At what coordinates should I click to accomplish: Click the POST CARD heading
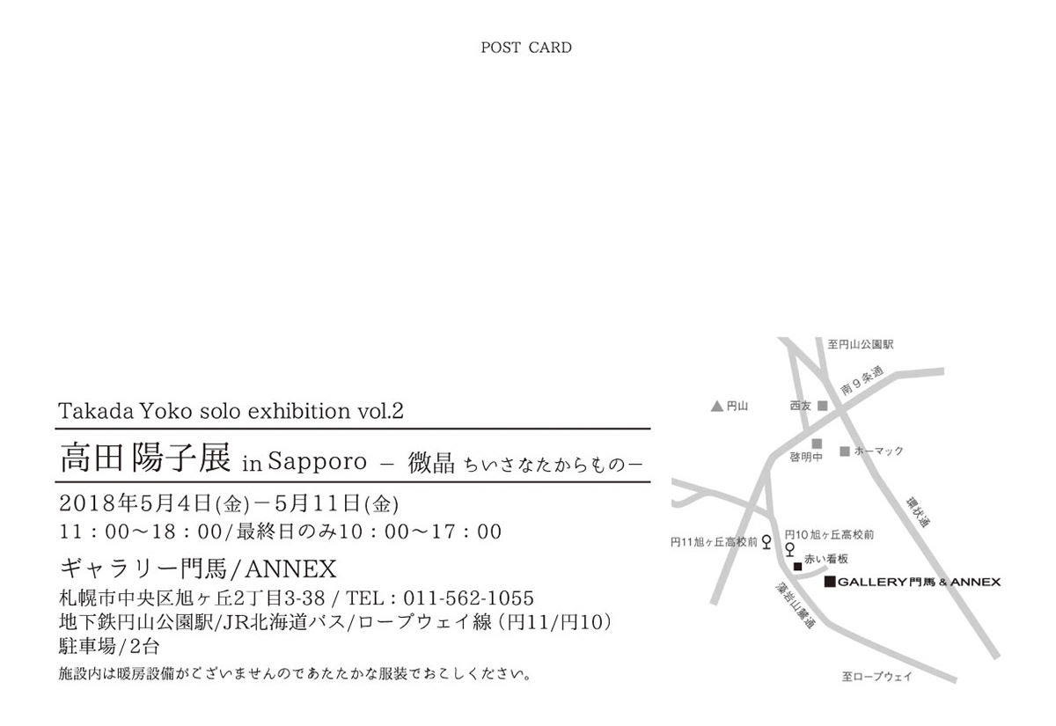click(526, 48)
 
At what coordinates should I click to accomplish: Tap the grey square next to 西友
click(823, 406)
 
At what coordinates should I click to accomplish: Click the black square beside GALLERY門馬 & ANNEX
click(828, 583)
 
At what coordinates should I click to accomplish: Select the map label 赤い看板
click(825, 558)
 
